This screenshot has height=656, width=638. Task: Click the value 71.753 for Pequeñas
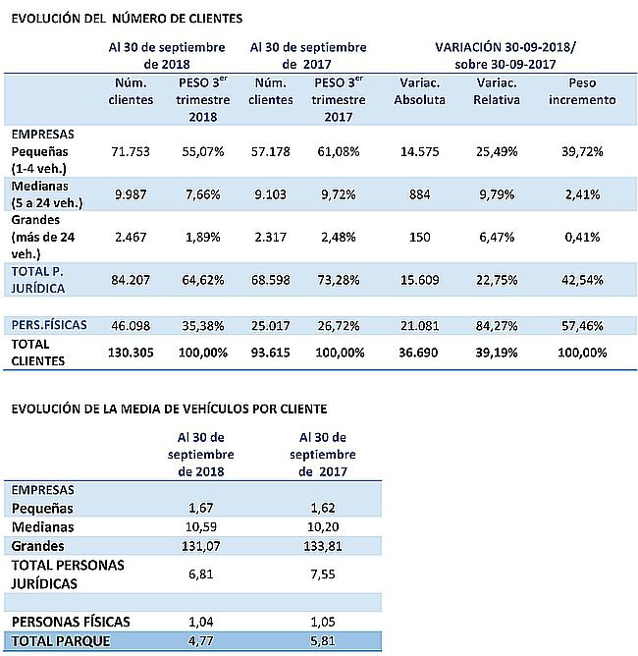pyautogui.click(x=131, y=151)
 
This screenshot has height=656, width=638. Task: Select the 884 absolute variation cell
pyautogui.click(x=419, y=194)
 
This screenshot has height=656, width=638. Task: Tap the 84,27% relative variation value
pyautogui.click(x=497, y=325)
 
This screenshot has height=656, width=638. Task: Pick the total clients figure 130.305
pyautogui.click(x=131, y=353)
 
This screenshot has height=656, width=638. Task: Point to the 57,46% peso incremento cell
pyautogui.click(x=582, y=325)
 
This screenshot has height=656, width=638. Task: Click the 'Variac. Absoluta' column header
pyautogui.click(x=420, y=91)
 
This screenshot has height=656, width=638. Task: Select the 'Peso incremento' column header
pyautogui.click(x=582, y=91)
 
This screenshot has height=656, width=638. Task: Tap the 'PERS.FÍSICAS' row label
pyautogui.click(x=49, y=325)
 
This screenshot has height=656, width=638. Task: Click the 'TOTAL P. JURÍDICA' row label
pyautogui.click(x=37, y=280)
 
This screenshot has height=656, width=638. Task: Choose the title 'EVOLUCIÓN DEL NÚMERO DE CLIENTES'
pyautogui.click(x=127, y=19)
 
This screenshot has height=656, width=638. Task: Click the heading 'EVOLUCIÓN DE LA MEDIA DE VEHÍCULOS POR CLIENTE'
pyautogui.click(x=169, y=409)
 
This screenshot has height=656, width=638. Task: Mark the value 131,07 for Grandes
pyautogui.click(x=200, y=546)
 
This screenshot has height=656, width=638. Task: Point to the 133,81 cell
pyautogui.click(x=323, y=546)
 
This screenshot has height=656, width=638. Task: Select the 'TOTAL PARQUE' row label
pyautogui.click(x=61, y=641)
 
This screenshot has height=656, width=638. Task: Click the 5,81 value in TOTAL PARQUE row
pyautogui.click(x=323, y=641)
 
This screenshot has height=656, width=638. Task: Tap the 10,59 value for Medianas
pyautogui.click(x=200, y=526)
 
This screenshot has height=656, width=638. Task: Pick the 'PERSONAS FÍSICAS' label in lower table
pyautogui.click(x=71, y=622)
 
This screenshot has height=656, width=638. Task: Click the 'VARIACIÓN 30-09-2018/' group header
pyautogui.click(x=505, y=47)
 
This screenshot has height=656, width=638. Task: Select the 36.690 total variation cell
pyautogui.click(x=418, y=353)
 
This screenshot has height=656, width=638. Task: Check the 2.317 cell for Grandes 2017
pyautogui.click(x=271, y=238)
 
